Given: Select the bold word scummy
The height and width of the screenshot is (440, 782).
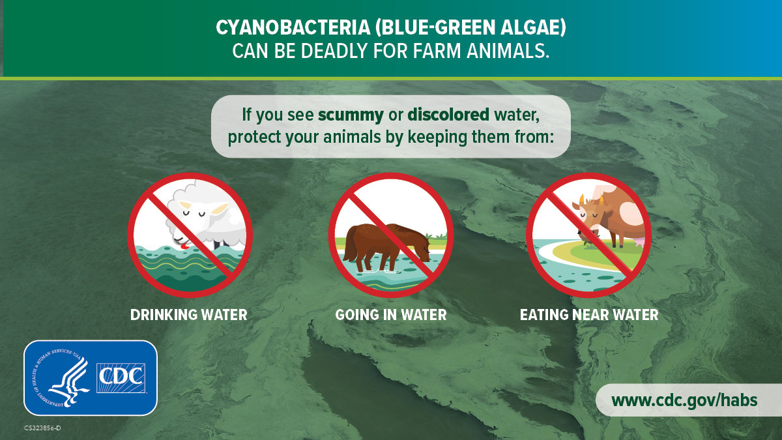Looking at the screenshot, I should click(x=351, y=115).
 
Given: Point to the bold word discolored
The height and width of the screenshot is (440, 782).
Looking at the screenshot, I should click(x=448, y=115).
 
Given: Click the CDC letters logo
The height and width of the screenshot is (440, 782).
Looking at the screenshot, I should click(x=121, y=377).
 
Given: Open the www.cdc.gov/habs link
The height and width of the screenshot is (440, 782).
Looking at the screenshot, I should click(x=684, y=400).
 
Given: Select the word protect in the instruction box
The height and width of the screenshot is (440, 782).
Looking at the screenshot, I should click(x=251, y=138).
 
